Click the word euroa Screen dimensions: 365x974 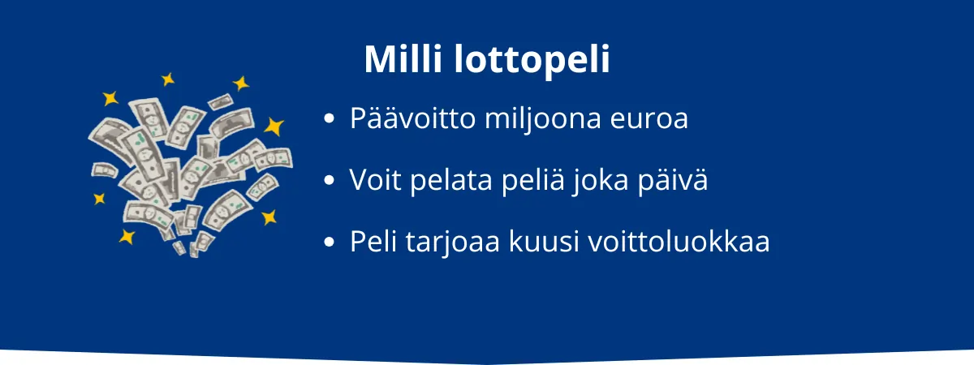point(652,119)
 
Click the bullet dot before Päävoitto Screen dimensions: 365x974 point(329,119)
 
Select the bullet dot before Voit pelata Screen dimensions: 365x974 point(329,180)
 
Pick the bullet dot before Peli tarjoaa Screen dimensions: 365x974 point(329,242)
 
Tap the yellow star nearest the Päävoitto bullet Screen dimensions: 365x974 point(274,126)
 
